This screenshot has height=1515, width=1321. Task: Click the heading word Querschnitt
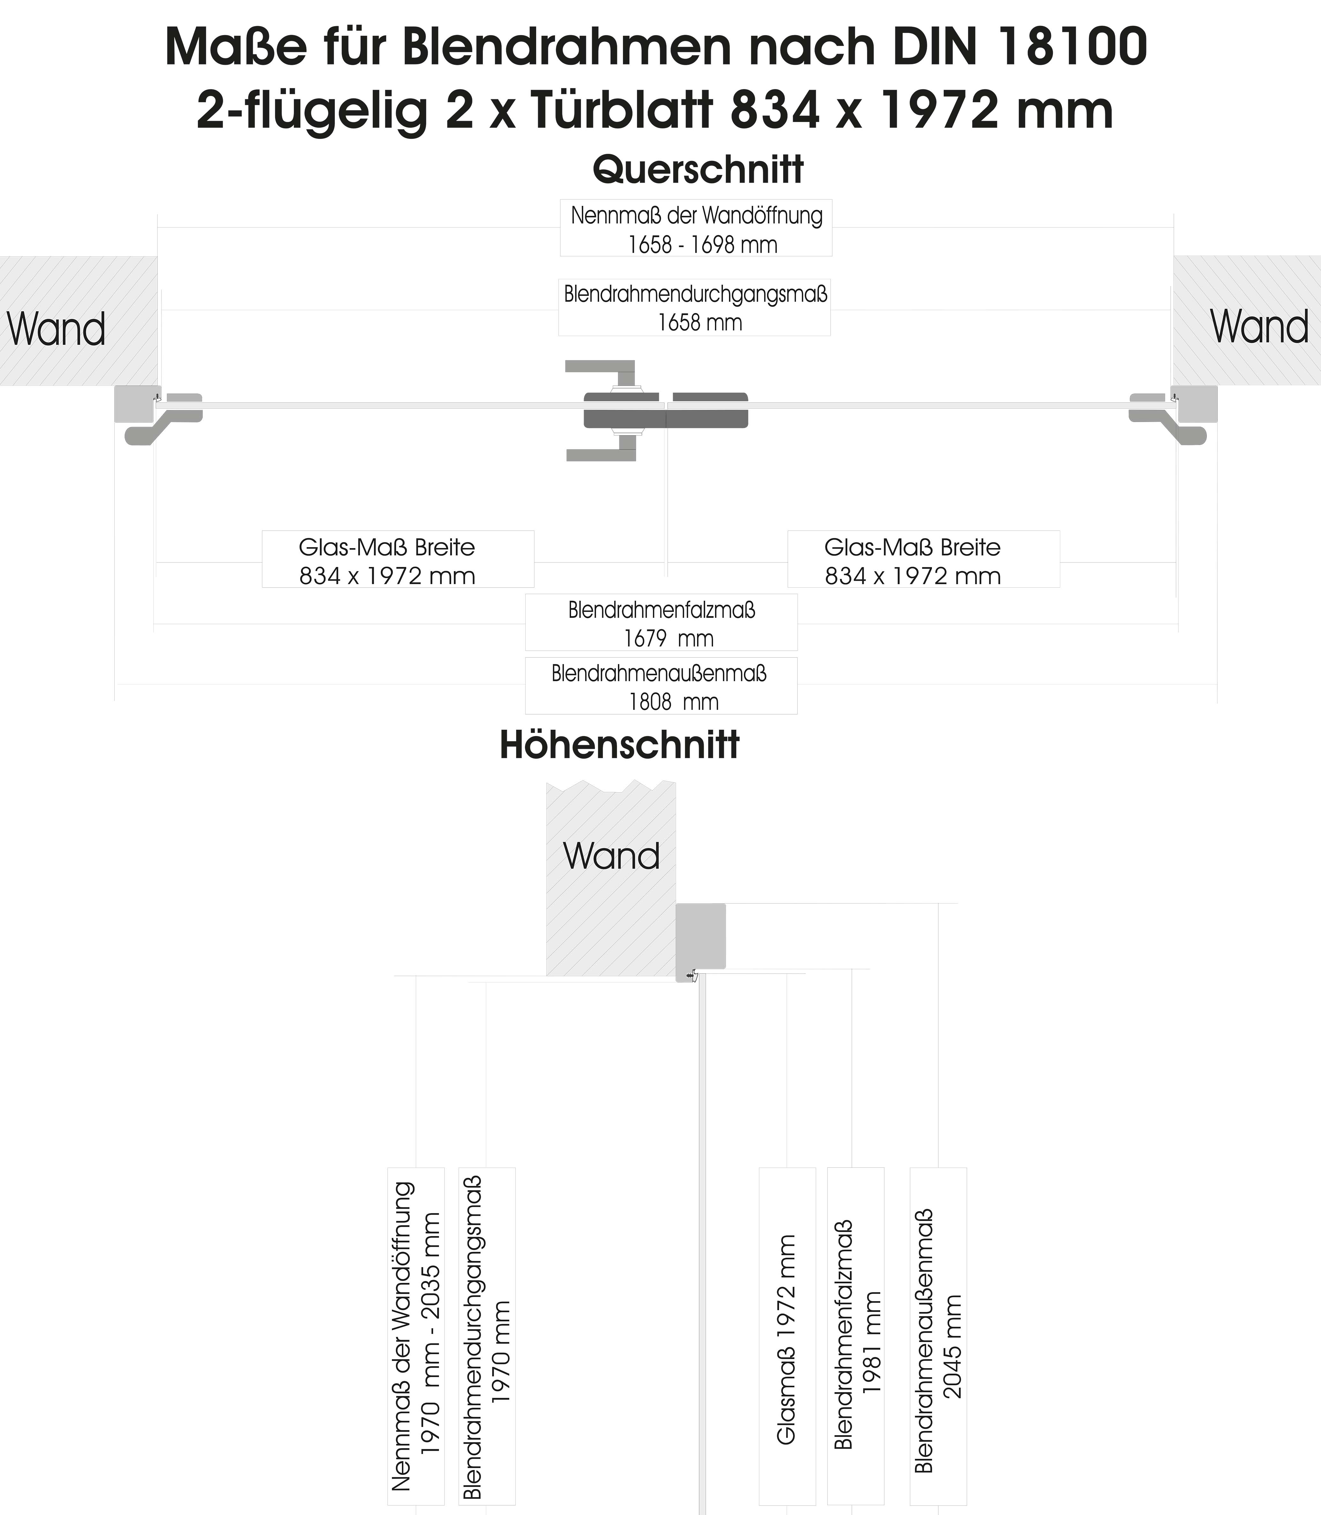pyautogui.click(x=697, y=170)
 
